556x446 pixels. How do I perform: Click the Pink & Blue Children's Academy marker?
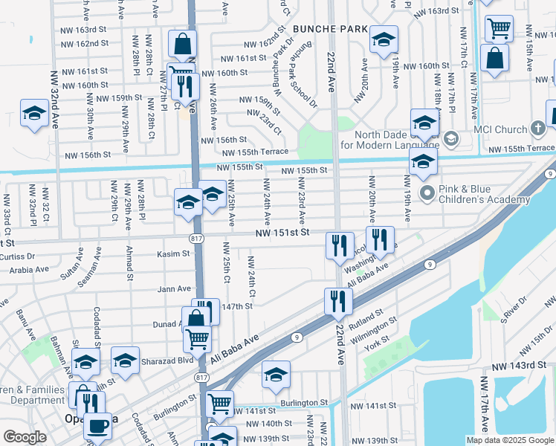[427, 194]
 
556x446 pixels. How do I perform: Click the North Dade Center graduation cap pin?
[424, 123]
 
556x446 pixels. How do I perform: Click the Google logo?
[24, 438]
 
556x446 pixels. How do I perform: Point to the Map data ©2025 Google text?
[509, 440]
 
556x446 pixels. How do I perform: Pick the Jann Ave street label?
[175, 288]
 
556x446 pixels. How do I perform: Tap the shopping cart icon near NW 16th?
[499, 28]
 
